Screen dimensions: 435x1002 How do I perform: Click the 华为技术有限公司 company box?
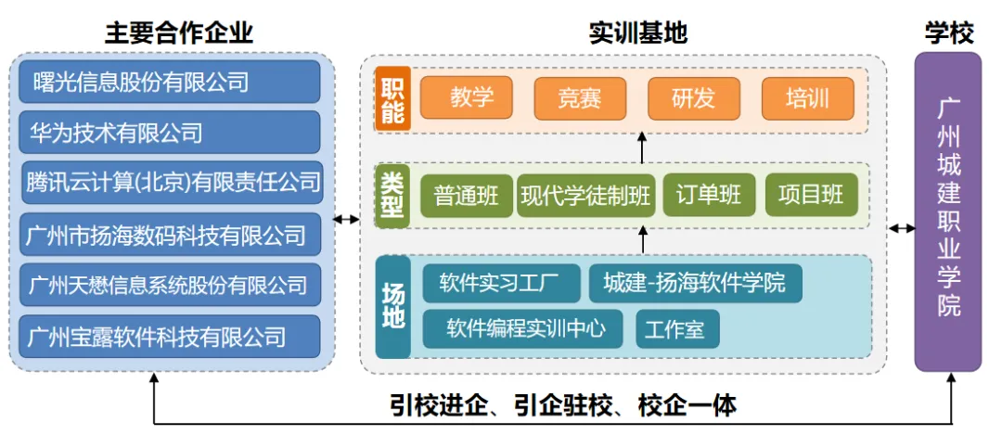(x=170, y=133)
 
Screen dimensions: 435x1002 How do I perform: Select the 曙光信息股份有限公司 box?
(x=170, y=83)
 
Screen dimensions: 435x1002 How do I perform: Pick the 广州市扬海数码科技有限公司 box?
(x=170, y=234)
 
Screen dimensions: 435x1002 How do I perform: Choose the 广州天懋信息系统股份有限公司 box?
(x=170, y=284)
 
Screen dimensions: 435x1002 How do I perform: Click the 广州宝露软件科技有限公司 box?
(x=170, y=335)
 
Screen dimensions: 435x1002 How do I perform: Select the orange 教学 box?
(x=467, y=98)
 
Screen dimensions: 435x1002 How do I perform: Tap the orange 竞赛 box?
(x=580, y=98)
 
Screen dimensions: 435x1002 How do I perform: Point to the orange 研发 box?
(x=693, y=98)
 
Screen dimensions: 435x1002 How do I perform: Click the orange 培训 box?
(x=807, y=98)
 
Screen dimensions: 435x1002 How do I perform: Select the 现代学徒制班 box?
(x=585, y=196)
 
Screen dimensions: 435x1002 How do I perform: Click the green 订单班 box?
(x=709, y=196)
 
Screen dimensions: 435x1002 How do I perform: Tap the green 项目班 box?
(x=811, y=196)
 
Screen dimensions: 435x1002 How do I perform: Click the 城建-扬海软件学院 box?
(x=695, y=282)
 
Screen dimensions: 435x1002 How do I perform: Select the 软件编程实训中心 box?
(x=522, y=328)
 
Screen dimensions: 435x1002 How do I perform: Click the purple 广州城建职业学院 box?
(x=948, y=211)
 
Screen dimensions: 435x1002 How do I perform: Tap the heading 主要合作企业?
(x=179, y=33)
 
